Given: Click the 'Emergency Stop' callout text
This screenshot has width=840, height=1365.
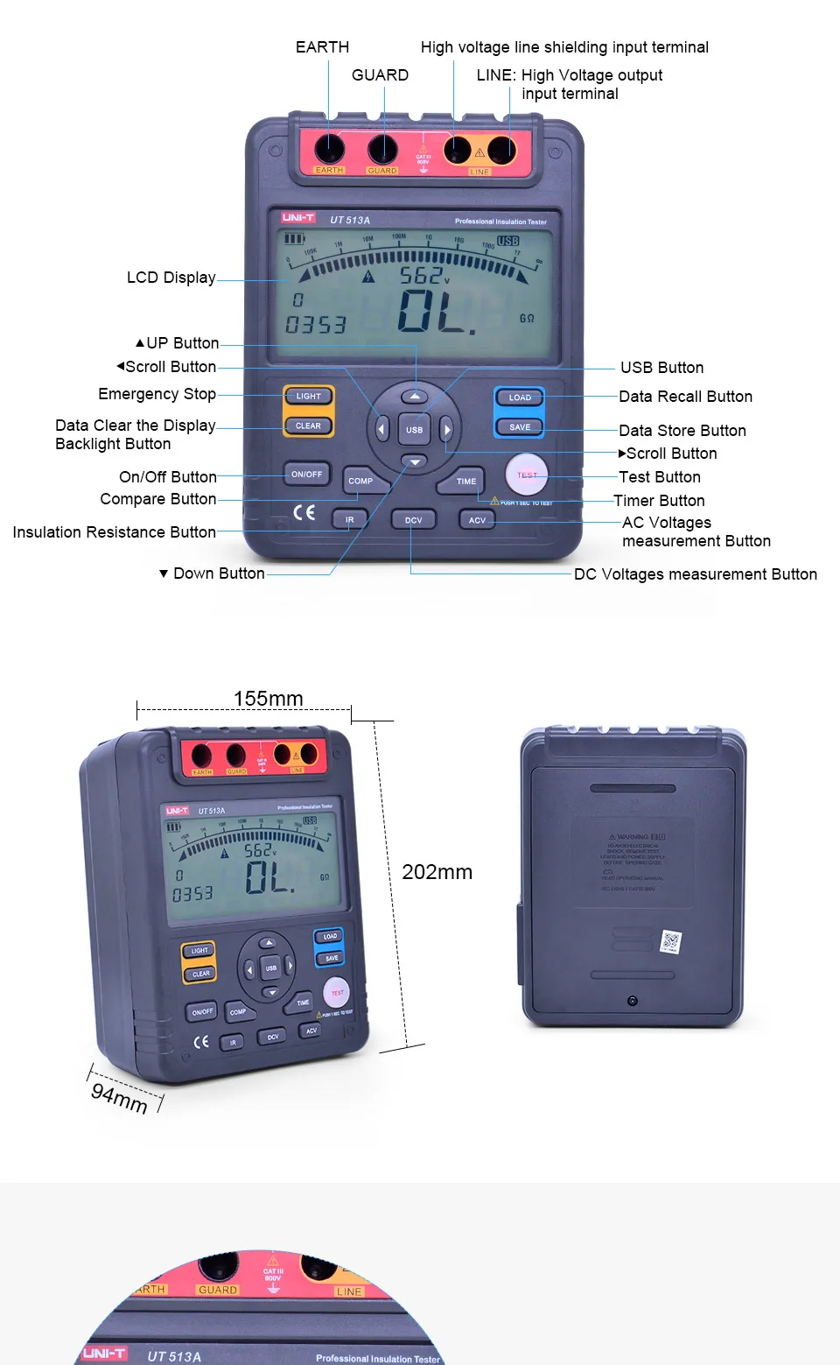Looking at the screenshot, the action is (x=157, y=394).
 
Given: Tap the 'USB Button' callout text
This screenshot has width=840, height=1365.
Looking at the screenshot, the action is (x=661, y=368).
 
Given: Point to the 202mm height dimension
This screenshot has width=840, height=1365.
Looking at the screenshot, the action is (x=437, y=872).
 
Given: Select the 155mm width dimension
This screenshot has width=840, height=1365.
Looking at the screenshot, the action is (x=268, y=699).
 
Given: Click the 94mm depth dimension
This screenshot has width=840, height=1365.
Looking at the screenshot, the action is (x=119, y=1096).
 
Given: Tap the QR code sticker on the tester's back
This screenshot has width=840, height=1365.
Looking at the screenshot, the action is (x=670, y=942).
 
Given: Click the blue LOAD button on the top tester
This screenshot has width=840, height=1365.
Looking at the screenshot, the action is (x=520, y=398).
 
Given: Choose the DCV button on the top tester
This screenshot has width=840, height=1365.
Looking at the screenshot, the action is (x=413, y=520).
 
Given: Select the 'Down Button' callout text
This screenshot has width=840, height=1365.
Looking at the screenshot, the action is (x=218, y=573).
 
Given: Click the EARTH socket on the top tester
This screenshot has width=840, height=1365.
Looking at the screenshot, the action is (x=330, y=149).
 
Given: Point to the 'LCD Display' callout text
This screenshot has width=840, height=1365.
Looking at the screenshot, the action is (x=171, y=278).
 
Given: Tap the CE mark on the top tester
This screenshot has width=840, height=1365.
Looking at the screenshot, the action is (x=304, y=512).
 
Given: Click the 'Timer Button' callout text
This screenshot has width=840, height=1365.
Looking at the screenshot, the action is (x=659, y=501).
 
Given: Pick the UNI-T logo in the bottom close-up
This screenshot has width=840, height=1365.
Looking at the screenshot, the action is (x=104, y=1354).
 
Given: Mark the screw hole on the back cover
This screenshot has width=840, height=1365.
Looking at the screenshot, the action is (x=633, y=1001).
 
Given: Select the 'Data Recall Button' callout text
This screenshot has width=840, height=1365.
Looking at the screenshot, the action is (x=685, y=397).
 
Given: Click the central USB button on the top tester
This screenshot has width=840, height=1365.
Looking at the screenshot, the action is (x=415, y=430).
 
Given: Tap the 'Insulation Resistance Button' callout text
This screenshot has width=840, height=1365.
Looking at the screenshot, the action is (x=114, y=532).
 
